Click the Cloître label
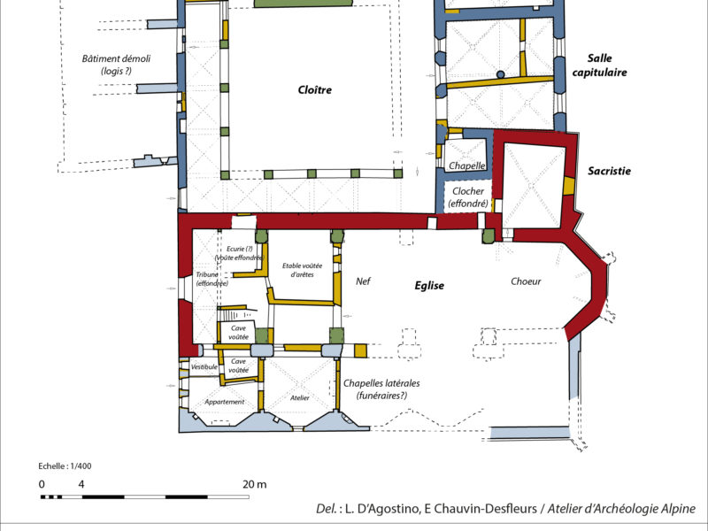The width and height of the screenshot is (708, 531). [315, 89]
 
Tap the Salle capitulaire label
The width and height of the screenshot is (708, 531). [600, 65]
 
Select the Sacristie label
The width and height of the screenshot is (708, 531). [609, 171]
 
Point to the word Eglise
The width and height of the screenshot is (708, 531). [429, 285]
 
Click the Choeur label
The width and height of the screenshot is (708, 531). [526, 281]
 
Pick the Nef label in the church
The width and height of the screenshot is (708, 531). [363, 281]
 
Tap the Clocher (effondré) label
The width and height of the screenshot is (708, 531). [468, 197]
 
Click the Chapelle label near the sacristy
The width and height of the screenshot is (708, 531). [467, 165]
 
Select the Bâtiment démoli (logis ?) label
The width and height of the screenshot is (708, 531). [116, 65]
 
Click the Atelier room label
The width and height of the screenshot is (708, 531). [300, 397]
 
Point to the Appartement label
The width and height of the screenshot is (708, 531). [225, 402]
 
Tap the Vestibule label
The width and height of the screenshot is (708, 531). [204, 367]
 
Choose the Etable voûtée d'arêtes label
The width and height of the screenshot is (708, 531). [302, 270]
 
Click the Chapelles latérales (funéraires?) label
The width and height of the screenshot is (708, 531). [381, 389]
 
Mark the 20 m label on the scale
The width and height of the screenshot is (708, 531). [255, 484]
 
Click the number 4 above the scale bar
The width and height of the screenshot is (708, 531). [81, 484]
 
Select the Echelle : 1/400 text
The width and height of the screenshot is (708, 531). [65, 466]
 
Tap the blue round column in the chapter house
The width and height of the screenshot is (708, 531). [500, 74]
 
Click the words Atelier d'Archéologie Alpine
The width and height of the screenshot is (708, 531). [621, 508]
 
